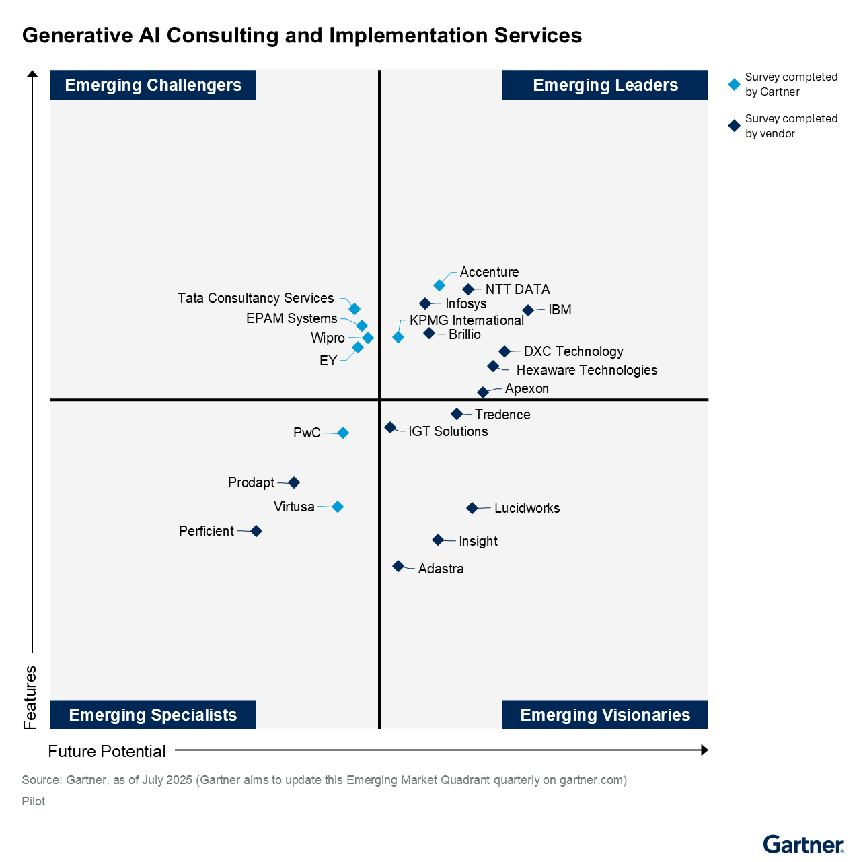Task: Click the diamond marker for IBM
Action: click(x=528, y=310)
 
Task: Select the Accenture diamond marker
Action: click(x=439, y=285)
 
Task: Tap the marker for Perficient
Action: click(x=256, y=531)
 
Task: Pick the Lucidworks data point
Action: click(x=472, y=508)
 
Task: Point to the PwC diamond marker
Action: click(x=343, y=433)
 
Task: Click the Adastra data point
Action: click(x=398, y=566)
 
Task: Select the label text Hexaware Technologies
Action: click(x=587, y=370)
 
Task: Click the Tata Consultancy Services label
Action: click(x=256, y=298)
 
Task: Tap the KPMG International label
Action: click(x=466, y=320)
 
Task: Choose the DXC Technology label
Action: click(x=573, y=351)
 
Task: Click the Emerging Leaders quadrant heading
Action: click(x=605, y=85)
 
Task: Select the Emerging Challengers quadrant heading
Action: click(x=153, y=85)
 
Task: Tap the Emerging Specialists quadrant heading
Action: click(x=153, y=715)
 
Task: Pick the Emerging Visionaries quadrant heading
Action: click(x=605, y=715)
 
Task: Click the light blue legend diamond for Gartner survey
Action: click(x=735, y=85)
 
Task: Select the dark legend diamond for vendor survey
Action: click(x=735, y=126)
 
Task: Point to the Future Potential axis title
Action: click(x=107, y=751)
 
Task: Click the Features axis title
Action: click(x=30, y=697)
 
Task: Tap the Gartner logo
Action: click(x=802, y=844)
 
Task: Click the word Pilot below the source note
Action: click(x=34, y=801)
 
